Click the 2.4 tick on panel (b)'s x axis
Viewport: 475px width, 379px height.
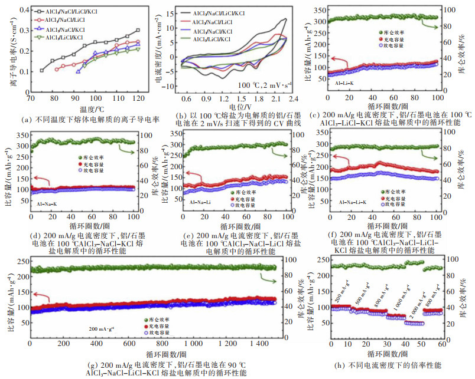click(294, 100)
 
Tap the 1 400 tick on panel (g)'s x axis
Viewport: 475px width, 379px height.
click(258, 343)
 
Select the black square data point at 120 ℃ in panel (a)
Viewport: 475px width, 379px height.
click(138, 30)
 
